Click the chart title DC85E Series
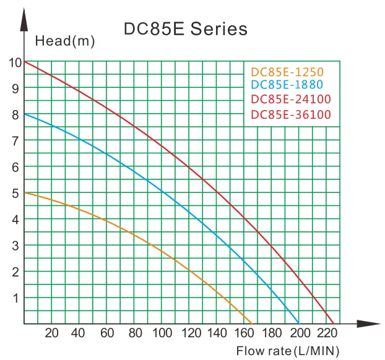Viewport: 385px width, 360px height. coord(186,29)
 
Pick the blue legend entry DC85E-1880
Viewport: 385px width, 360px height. coord(288,85)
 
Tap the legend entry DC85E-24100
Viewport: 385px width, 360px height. coord(291,100)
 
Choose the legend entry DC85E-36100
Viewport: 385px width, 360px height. coord(291,114)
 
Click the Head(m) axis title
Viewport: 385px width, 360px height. coord(65,41)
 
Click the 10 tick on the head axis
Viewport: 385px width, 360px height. coord(14,62)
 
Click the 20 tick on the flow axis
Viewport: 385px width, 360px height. coord(51,333)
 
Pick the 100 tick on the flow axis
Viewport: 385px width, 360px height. coord(162,333)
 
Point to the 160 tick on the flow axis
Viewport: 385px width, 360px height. coord(244,333)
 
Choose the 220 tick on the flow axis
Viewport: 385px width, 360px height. coord(327,333)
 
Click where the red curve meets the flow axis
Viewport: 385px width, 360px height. coord(334,324)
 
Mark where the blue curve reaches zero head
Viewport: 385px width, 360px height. coord(299,324)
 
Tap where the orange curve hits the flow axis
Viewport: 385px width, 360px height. coord(253,324)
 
